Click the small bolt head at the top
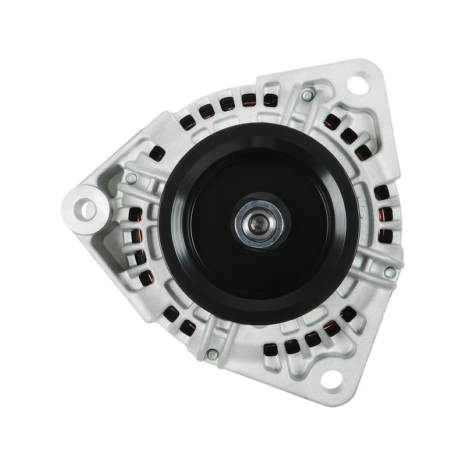click(306, 94)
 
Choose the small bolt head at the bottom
click(213, 352)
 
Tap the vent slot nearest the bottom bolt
click(188, 326)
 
